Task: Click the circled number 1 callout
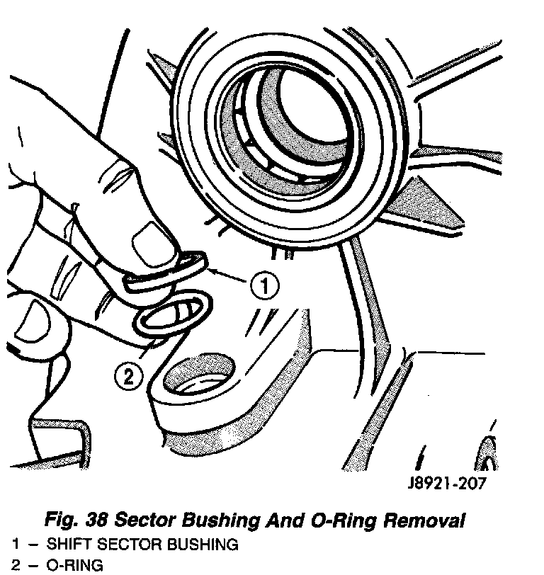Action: (263, 287)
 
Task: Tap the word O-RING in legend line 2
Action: (74, 565)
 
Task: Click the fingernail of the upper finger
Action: (150, 239)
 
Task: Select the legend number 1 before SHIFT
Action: (15, 545)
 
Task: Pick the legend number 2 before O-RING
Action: (15, 565)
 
